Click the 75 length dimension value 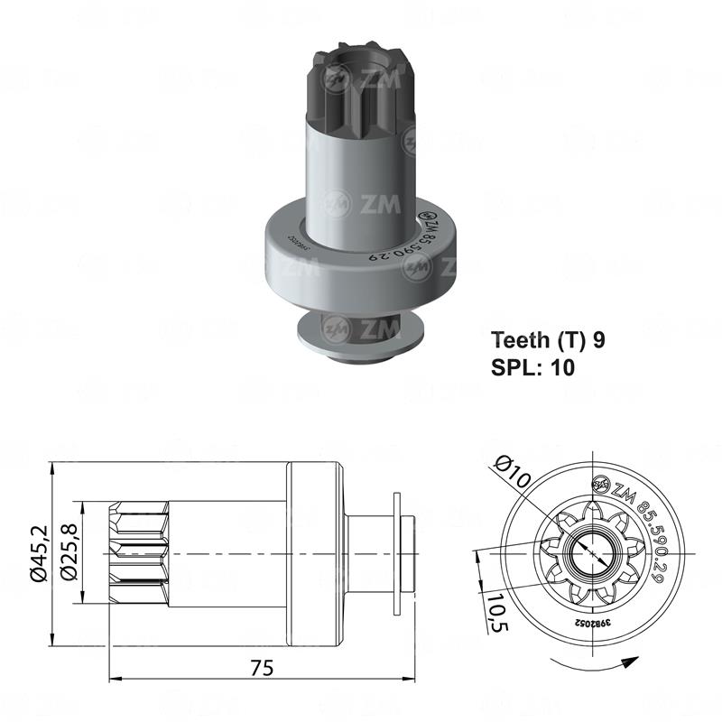[x=263, y=668]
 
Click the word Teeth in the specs [x=517, y=340]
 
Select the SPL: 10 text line [x=532, y=366]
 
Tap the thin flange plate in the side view [x=398, y=552]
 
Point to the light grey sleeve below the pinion [x=358, y=171]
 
